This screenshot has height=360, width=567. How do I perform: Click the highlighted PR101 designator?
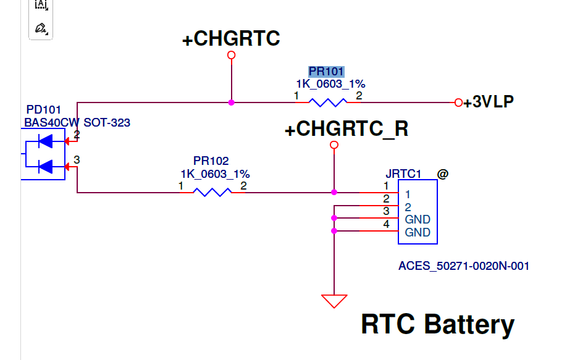click(326, 72)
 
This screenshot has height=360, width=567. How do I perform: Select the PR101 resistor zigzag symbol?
click(327, 103)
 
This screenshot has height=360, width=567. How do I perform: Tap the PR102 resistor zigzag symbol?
click(212, 192)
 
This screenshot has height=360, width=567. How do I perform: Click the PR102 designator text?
click(211, 161)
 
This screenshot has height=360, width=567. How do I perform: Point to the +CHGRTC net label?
click(231, 38)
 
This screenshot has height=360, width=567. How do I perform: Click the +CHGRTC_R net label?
click(346, 128)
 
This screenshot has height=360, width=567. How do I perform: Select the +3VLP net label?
click(489, 102)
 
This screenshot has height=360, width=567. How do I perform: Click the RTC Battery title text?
click(437, 325)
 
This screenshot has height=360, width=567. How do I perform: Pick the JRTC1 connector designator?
click(403, 174)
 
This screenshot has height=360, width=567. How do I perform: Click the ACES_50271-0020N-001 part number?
click(464, 266)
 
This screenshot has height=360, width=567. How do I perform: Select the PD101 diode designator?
click(43, 109)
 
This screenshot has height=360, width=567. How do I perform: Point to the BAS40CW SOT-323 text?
click(77, 122)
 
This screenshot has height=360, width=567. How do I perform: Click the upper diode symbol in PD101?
click(46, 141)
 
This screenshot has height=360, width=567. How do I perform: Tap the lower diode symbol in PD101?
click(46, 167)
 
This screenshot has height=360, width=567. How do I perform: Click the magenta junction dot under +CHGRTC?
click(232, 103)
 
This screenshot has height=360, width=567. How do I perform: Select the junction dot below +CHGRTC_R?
click(334, 192)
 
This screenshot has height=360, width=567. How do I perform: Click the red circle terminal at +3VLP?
click(458, 103)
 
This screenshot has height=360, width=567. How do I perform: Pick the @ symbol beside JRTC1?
click(443, 174)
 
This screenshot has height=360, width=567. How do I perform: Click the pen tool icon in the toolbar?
click(41, 28)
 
